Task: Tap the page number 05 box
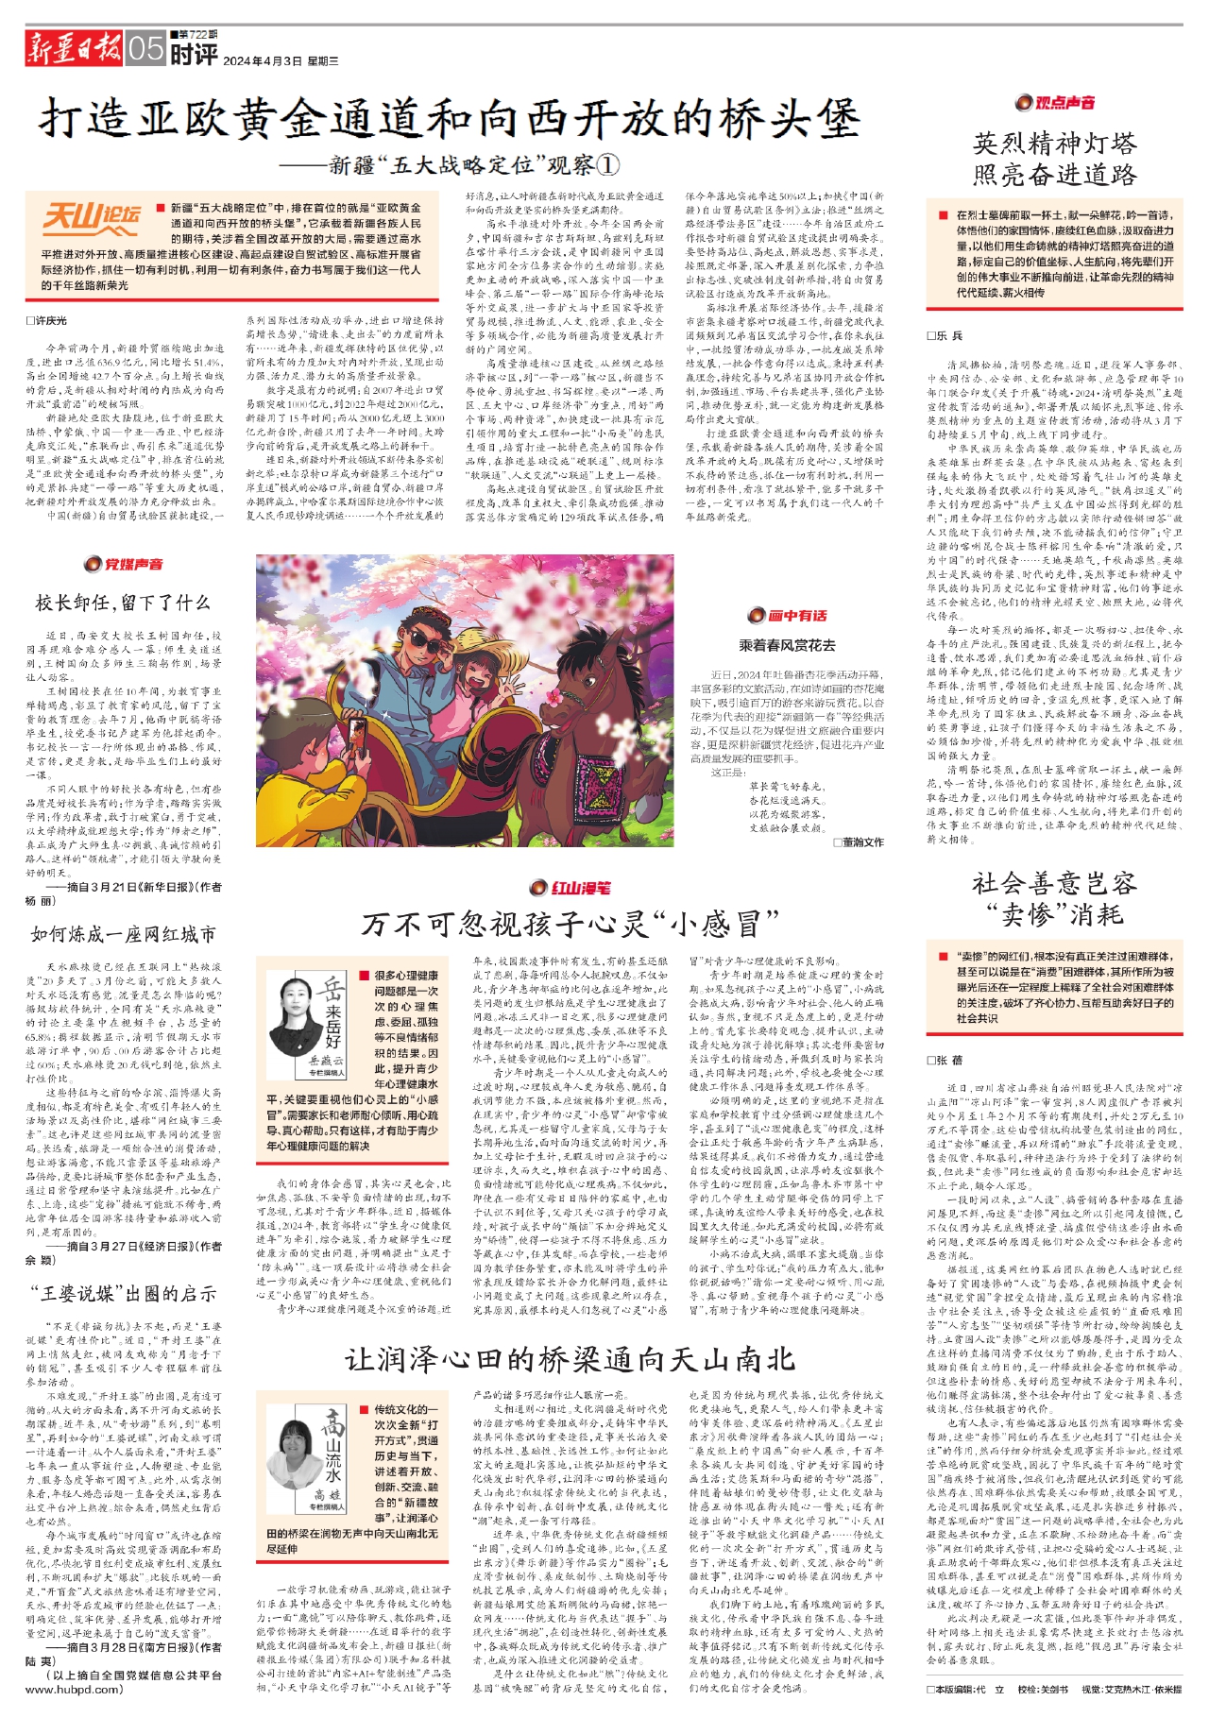(146, 47)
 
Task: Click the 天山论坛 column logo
(93, 218)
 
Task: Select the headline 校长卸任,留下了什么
(123, 603)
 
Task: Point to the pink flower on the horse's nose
(553, 697)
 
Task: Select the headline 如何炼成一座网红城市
(123, 934)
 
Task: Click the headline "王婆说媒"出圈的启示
(123, 1293)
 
